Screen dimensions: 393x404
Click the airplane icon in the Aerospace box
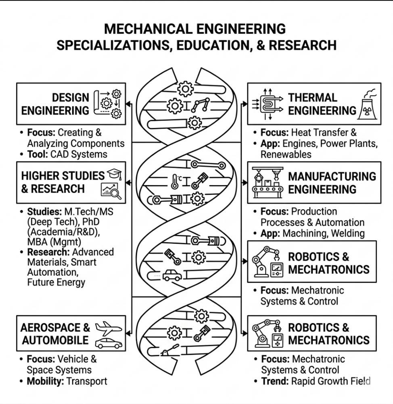(108, 328)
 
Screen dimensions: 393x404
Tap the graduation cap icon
(114, 174)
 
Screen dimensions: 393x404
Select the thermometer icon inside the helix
(175, 181)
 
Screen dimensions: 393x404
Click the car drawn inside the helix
(172, 275)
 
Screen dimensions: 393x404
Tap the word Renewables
(286, 154)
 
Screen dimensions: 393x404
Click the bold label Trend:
(275, 381)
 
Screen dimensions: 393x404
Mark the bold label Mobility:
(45, 381)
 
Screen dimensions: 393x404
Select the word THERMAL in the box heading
(313, 98)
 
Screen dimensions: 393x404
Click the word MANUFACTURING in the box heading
(332, 177)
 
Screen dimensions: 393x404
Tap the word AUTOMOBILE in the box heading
(55, 340)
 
